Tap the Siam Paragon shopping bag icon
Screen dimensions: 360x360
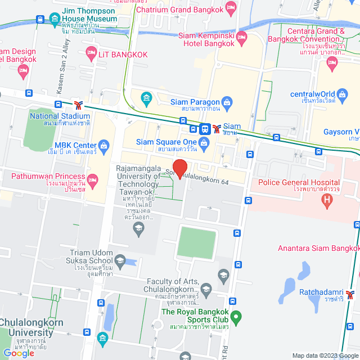click(x=227, y=102)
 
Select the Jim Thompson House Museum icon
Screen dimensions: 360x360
click(x=55, y=19)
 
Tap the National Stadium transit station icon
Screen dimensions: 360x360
click(x=78, y=105)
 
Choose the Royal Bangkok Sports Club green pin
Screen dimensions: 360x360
click(x=236, y=318)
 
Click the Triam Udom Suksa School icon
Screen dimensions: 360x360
click(x=119, y=260)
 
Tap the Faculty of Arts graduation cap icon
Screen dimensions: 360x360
click(x=223, y=275)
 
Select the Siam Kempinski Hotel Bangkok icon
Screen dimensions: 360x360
click(x=242, y=39)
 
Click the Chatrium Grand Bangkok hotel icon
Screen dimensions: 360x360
click(x=230, y=8)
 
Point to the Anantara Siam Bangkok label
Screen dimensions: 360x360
click(x=318, y=248)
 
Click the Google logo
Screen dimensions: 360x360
click(x=19, y=353)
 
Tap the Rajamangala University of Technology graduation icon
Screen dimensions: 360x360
click(x=138, y=228)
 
